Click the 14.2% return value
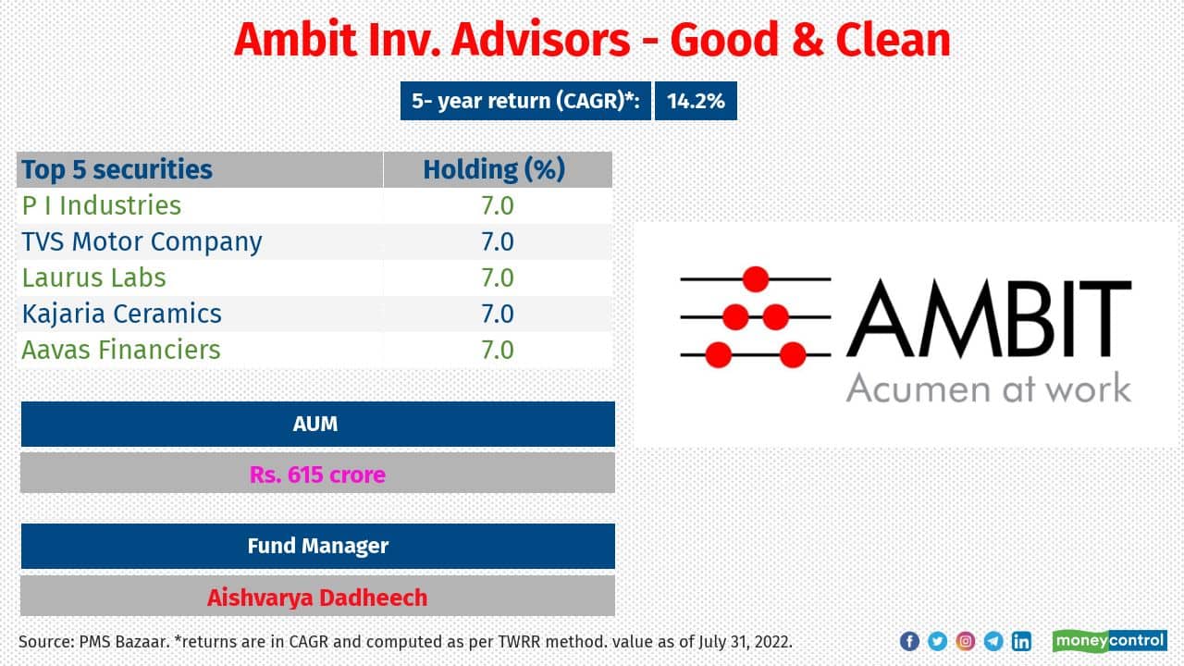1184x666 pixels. click(x=696, y=101)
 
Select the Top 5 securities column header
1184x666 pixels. click(x=117, y=170)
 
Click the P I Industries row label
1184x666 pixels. click(x=102, y=205)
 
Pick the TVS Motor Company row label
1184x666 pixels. click(x=142, y=241)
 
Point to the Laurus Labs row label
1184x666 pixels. click(x=94, y=277)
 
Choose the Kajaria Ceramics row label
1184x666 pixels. click(x=122, y=314)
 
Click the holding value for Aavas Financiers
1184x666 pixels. click(x=497, y=350)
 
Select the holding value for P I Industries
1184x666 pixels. click(x=497, y=205)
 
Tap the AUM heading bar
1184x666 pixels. click(x=316, y=425)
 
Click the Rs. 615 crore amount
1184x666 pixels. click(x=316, y=475)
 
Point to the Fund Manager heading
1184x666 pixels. click(x=316, y=546)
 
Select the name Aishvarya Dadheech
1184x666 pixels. click(x=316, y=598)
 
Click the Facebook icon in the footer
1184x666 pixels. click(x=909, y=641)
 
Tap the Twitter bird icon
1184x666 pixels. click(x=937, y=641)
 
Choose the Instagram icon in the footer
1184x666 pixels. click(x=965, y=641)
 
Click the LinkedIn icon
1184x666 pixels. click(x=1021, y=641)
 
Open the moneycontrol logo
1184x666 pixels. click(x=1109, y=641)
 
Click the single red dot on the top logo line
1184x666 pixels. click(x=756, y=278)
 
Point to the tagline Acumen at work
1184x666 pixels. click(x=988, y=388)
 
